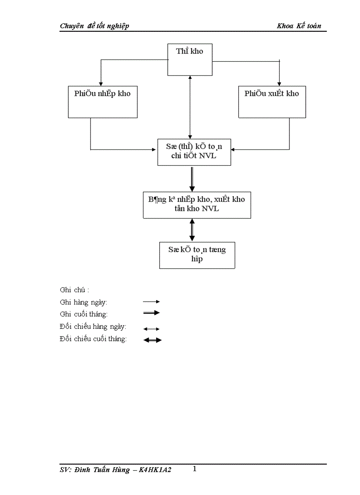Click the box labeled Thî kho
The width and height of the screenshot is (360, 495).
190,60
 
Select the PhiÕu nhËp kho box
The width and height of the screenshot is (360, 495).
102,102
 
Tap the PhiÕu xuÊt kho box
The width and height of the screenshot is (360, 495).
272,102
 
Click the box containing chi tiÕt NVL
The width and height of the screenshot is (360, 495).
194,152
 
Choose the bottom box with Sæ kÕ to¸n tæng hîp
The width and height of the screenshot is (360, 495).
197,255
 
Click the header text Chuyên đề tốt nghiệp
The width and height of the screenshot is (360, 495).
94,26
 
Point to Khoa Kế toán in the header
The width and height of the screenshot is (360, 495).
299,26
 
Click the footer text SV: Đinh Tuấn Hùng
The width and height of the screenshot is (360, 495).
116,470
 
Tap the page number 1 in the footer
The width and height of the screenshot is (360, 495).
195,469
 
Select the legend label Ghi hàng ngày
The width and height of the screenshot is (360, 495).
83,302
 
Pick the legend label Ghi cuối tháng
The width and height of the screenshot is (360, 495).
83,314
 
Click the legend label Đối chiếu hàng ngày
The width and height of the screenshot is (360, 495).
93,327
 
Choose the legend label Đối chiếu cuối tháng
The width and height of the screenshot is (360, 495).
93,339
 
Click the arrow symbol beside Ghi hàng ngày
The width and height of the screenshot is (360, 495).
151,302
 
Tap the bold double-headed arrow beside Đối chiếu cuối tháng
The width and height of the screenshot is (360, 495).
153,340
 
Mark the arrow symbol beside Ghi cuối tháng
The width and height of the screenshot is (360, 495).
151,313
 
